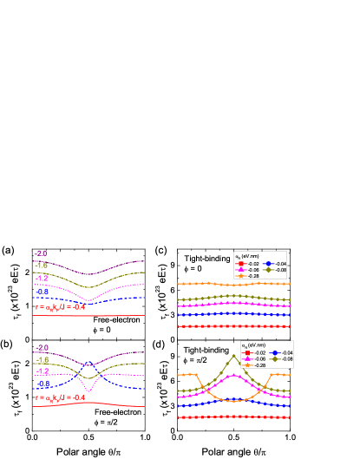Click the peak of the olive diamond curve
click(234, 355)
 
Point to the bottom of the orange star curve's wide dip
click(234, 400)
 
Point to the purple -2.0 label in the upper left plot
click(41, 253)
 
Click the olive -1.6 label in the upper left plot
click(41, 265)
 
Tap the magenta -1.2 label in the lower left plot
click(42, 371)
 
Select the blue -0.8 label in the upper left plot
click(42, 292)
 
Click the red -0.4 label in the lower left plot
click(78, 397)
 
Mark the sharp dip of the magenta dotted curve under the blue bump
click(89, 379)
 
